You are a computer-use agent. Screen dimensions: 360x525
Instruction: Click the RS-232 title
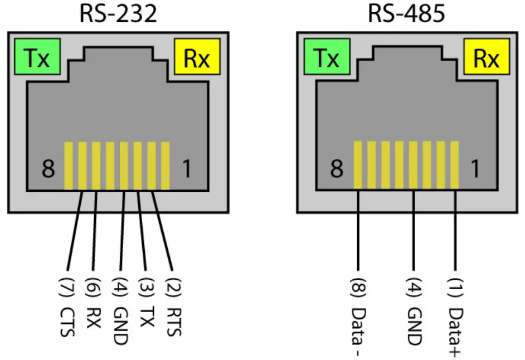[x=118, y=13]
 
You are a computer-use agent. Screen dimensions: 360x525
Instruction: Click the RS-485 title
[x=407, y=13]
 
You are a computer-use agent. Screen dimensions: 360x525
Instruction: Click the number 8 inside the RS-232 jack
[x=48, y=169]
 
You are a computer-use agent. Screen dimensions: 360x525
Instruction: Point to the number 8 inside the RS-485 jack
[x=337, y=169]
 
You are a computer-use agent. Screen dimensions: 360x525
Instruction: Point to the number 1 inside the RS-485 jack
[x=475, y=169]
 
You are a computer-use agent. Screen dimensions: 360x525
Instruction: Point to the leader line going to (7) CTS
[x=75, y=228]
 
